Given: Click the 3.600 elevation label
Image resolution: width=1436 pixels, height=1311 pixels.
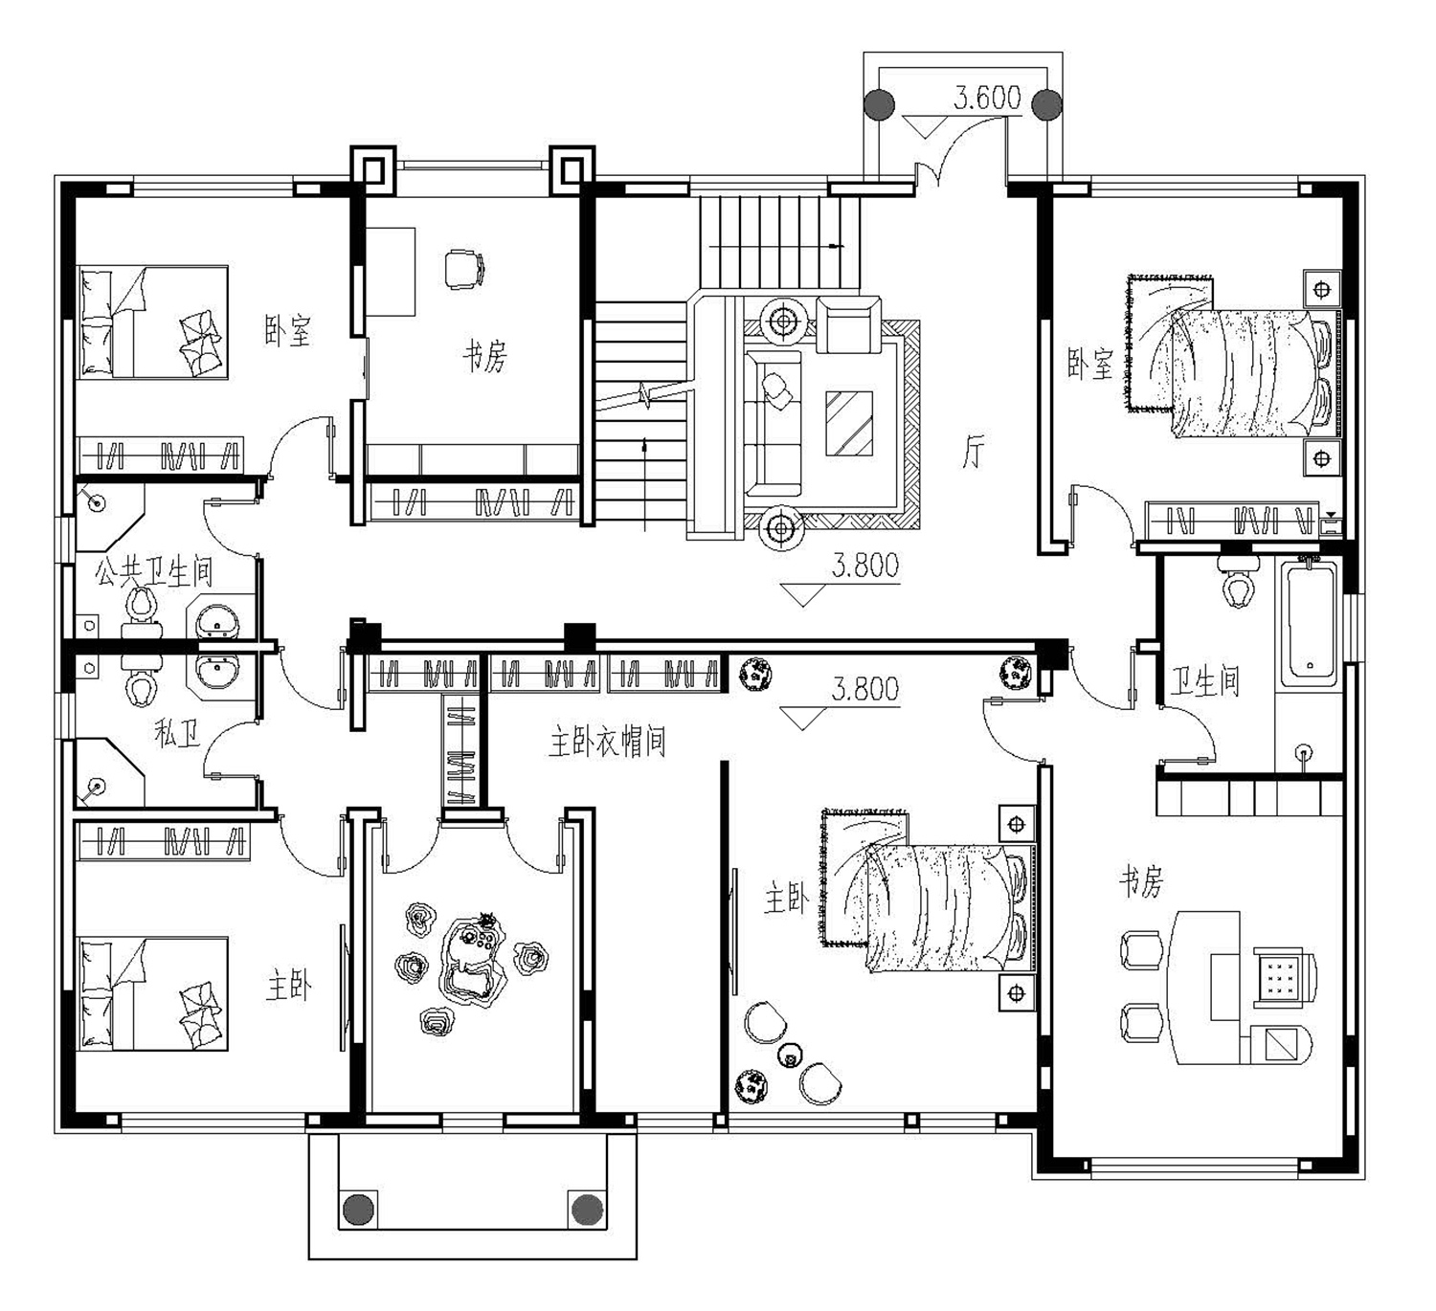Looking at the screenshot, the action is pyautogui.click(x=987, y=98).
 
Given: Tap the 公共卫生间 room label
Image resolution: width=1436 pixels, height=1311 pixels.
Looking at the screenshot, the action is pyautogui.click(x=154, y=572).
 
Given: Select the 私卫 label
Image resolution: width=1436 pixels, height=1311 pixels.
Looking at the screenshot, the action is pyautogui.click(x=177, y=734).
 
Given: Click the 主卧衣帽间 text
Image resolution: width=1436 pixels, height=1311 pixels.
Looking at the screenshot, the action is pyautogui.click(x=607, y=742).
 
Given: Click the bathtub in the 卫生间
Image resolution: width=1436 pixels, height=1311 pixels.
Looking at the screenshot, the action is pyautogui.click(x=1310, y=620).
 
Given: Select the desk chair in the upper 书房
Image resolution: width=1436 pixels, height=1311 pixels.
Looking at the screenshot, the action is pyautogui.click(x=463, y=268).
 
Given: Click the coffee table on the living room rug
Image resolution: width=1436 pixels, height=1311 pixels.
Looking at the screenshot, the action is pyautogui.click(x=849, y=423).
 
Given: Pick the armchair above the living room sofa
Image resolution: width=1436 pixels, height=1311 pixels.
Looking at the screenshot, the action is pyautogui.click(x=848, y=325).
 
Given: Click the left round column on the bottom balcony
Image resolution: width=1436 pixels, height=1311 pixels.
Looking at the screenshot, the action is pyautogui.click(x=359, y=1210).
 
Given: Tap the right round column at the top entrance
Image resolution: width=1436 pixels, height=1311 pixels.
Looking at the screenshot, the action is pyautogui.click(x=1046, y=105).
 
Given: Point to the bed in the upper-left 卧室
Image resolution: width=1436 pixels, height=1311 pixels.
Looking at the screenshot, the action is pyautogui.click(x=152, y=322).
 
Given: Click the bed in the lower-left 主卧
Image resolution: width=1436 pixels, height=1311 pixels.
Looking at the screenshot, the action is pyautogui.click(x=152, y=993).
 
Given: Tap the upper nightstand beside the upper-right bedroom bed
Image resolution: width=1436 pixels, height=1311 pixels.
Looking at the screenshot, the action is pyautogui.click(x=1322, y=289).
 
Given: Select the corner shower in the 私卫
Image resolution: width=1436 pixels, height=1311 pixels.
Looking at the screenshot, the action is pyautogui.click(x=109, y=773).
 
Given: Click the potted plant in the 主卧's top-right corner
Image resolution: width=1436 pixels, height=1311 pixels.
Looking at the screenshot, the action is pyautogui.click(x=1016, y=672).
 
